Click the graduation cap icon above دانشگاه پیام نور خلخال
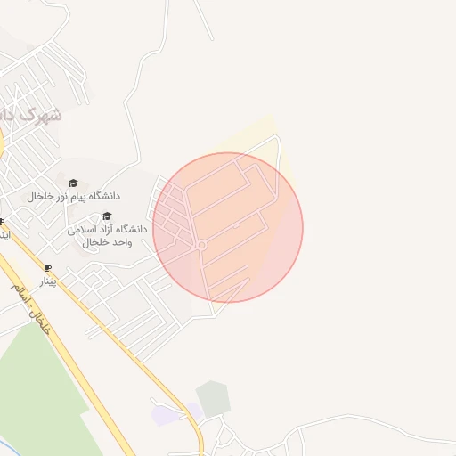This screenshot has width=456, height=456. click(73, 183)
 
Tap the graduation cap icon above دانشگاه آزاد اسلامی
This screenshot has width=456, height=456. click(108, 216)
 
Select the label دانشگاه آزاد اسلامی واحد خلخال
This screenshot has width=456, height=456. click(100, 235)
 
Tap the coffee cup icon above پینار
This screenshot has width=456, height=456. click(47, 268)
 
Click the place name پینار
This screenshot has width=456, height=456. click(46, 281)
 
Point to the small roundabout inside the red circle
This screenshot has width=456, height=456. click(202, 245)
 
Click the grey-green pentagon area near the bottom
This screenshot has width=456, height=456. click(214, 398)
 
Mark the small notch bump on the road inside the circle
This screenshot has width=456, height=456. click(236, 226)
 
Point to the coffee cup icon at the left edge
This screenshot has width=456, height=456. click(2, 222)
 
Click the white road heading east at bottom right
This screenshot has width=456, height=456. click(374, 418)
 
